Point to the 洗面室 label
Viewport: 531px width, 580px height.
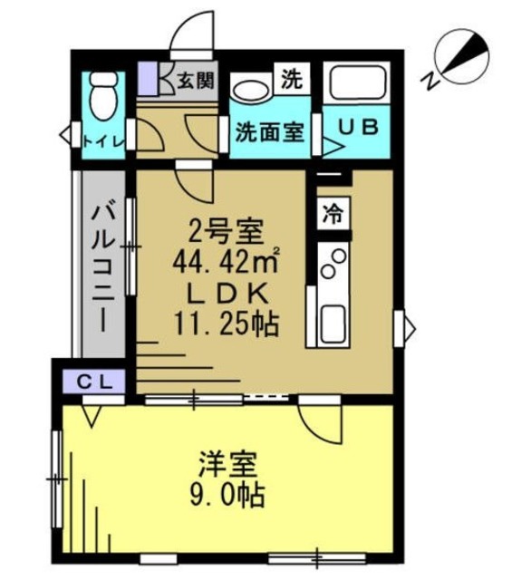[269, 131]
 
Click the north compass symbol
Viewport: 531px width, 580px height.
[459, 56]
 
